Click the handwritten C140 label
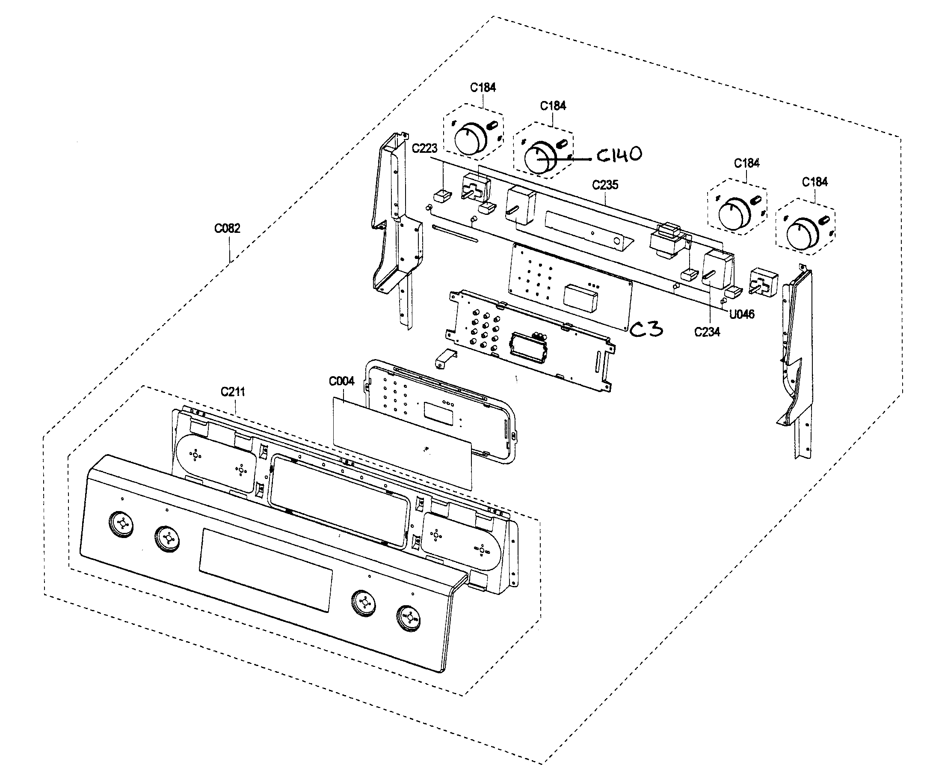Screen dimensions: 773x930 click(x=619, y=155)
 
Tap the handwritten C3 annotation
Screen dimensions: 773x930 click(x=646, y=329)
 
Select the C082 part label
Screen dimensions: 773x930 click(x=227, y=229)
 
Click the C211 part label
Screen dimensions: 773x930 click(x=233, y=392)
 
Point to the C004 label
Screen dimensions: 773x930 click(x=341, y=381)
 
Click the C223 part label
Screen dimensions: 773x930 click(x=424, y=149)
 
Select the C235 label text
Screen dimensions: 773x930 click(x=605, y=185)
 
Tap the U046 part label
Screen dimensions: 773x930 click(x=741, y=315)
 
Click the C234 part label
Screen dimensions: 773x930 click(x=707, y=332)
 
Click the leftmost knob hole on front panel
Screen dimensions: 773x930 click(x=121, y=524)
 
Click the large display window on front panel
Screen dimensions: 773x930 click(x=266, y=570)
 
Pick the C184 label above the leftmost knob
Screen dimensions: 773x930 click(x=483, y=87)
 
